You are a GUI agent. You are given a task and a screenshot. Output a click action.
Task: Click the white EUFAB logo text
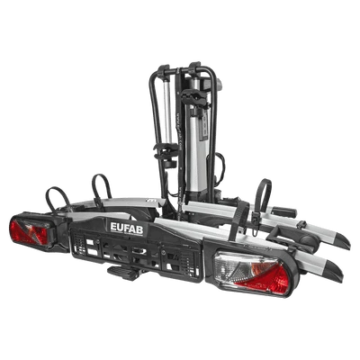click(127, 229)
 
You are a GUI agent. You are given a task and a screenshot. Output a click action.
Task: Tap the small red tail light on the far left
click(29, 231)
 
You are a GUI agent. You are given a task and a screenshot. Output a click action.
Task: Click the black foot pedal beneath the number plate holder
click(123, 273)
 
